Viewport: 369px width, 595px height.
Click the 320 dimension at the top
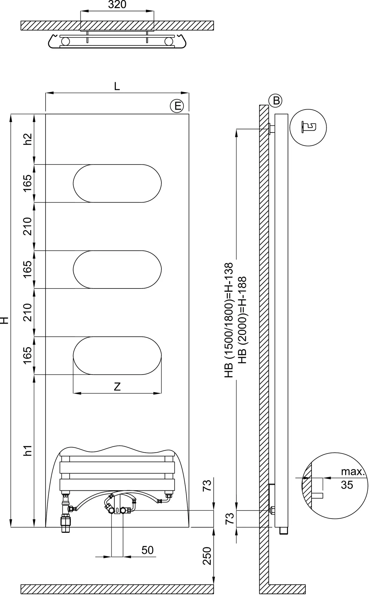point(117,5)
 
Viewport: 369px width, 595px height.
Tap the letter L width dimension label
point(117,86)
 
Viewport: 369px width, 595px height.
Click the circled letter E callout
point(177,106)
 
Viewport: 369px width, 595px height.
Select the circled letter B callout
point(276,101)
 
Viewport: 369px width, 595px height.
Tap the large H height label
point(4,320)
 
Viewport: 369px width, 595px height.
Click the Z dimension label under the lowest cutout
point(117,387)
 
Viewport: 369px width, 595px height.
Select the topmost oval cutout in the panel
point(117,183)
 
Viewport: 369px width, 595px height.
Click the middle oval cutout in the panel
point(117,269)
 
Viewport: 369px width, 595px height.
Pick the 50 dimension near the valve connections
point(147,550)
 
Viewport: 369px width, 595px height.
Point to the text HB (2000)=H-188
point(242,320)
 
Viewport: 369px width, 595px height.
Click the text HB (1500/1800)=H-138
point(229,320)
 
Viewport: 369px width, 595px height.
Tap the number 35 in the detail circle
point(347,485)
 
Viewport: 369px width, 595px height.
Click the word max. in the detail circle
point(352,472)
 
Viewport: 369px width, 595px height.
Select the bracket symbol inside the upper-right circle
point(309,127)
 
